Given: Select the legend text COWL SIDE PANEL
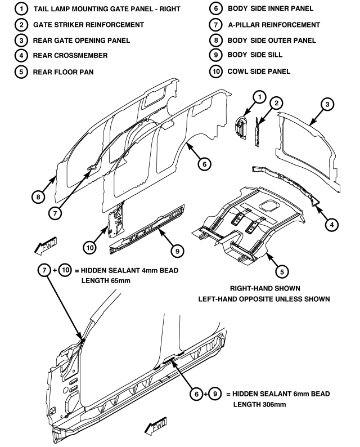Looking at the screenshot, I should (259, 72).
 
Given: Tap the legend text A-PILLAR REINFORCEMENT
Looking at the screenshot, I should (273, 25).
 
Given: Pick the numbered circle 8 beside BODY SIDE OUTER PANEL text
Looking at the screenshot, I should (215, 41).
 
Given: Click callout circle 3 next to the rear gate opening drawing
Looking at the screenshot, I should (328, 104).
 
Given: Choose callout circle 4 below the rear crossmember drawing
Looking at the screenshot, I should (332, 224).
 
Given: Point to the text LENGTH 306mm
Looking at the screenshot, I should (258, 404).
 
